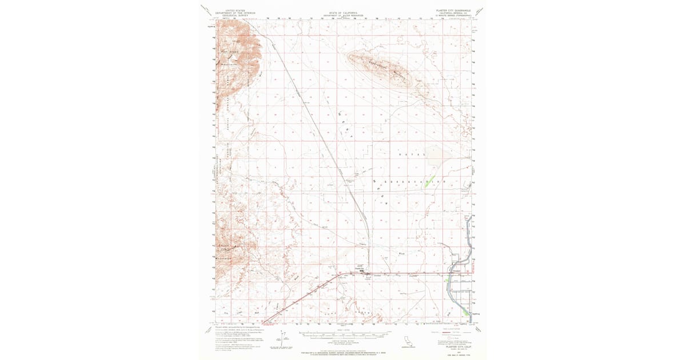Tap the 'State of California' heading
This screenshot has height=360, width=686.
(x=343, y=11)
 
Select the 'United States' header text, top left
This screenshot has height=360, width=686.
(x=234, y=10)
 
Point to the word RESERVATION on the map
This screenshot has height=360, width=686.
(x=409, y=182)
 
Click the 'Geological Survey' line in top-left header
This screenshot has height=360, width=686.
(x=234, y=15)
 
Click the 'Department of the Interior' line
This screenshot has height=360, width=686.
(x=234, y=13)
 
